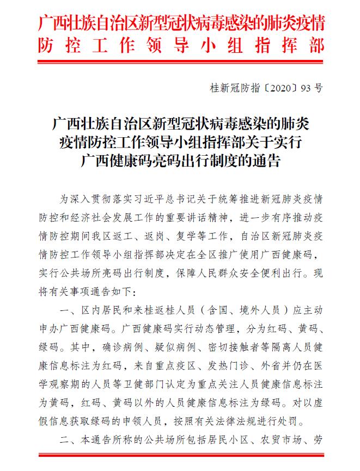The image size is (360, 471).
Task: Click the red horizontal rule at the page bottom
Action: (180, 454)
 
